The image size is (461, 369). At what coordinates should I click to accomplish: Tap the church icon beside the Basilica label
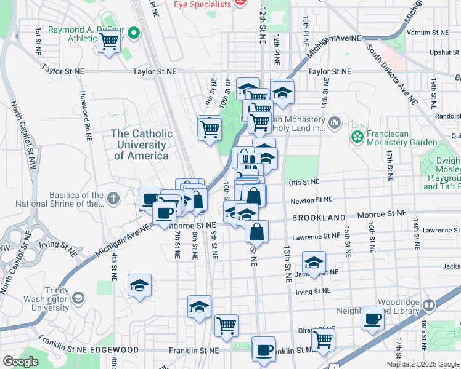coord(112,198)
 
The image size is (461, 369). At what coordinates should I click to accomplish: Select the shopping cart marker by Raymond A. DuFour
coord(108,42)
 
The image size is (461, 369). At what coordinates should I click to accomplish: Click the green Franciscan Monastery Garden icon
coord(357,135)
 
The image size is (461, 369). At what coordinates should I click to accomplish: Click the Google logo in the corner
coord(20,362)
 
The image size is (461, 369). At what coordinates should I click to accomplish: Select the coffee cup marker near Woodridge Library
coord(372,319)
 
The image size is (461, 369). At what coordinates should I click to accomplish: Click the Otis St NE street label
coord(304,182)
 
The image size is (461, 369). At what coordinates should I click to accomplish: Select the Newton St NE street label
coord(311,200)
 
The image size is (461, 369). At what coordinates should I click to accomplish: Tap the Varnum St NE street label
coord(431,32)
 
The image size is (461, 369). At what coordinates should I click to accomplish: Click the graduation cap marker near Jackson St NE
coord(314,263)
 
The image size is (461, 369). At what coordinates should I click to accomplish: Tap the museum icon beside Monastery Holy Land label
coord(334,122)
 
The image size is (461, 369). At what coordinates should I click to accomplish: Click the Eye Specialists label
coord(202,4)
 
